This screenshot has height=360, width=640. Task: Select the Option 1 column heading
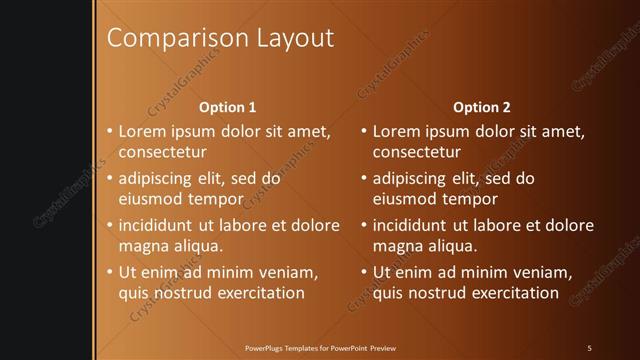point(228,106)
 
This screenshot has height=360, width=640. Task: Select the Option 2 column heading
point(482,106)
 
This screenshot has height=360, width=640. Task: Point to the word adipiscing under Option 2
point(410,178)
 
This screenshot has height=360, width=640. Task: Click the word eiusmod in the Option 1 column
point(150,199)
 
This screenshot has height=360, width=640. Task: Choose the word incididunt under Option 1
point(158,225)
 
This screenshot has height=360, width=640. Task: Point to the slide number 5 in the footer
point(589,347)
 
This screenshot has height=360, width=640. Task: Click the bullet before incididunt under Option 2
point(364,225)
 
